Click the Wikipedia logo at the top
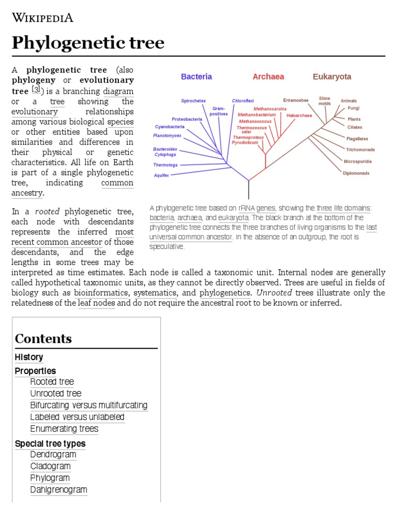(x=42, y=18)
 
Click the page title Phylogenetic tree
(x=88, y=42)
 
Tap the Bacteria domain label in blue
(x=196, y=76)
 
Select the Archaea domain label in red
(x=268, y=76)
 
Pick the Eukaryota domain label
(x=332, y=76)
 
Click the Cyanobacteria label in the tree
(x=170, y=127)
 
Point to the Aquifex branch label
(x=161, y=175)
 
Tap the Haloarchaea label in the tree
(x=299, y=116)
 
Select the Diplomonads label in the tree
(x=356, y=173)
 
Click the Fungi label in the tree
(x=354, y=108)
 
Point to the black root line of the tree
(x=249, y=190)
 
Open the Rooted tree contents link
(x=52, y=382)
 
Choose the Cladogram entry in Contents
(x=50, y=466)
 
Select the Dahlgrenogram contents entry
(x=58, y=490)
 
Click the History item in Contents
(x=29, y=357)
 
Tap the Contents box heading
(x=43, y=339)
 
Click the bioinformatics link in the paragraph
(x=102, y=293)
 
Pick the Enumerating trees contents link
(x=64, y=429)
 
